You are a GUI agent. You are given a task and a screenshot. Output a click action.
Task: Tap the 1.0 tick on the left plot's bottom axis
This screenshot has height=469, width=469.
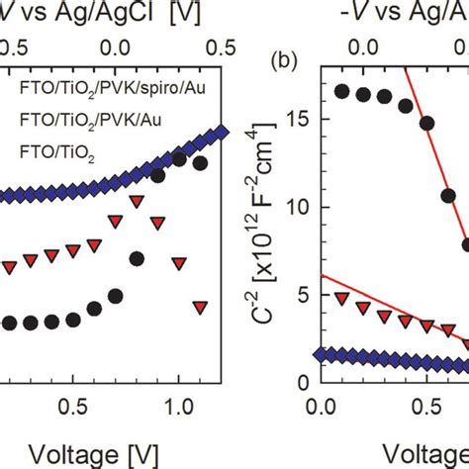click(x=179, y=407)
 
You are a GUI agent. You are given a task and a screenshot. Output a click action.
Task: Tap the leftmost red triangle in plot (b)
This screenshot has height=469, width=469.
click(x=342, y=298)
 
